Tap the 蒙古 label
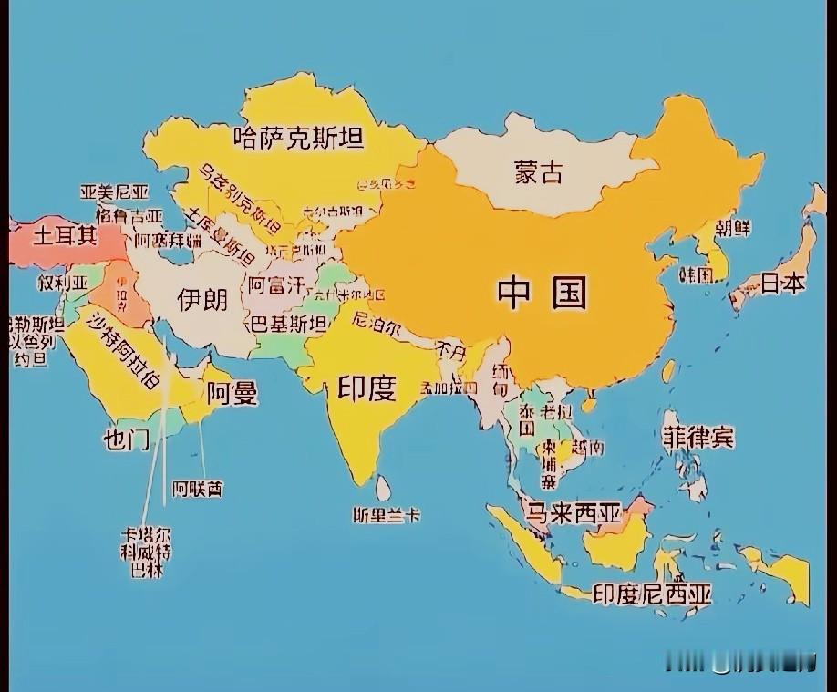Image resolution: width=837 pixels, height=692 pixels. [539, 171]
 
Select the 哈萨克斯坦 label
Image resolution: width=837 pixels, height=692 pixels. [298, 138]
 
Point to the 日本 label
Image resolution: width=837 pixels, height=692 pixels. [783, 284]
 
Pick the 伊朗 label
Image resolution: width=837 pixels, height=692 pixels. [202, 298]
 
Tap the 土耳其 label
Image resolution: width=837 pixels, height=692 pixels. [65, 236]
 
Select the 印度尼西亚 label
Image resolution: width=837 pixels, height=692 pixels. [651, 594]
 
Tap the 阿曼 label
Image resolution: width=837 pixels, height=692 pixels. [232, 393]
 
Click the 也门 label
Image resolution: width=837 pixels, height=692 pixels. [126, 439]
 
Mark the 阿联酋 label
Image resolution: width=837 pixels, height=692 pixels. [198, 489]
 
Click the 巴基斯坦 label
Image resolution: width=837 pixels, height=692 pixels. [289, 324]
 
